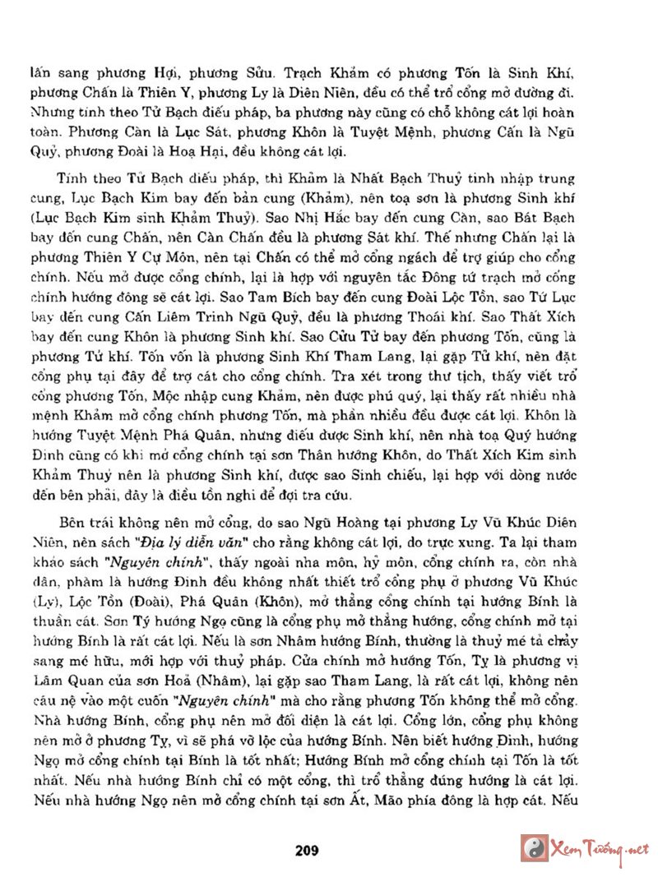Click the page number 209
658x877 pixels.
tap(307, 850)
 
